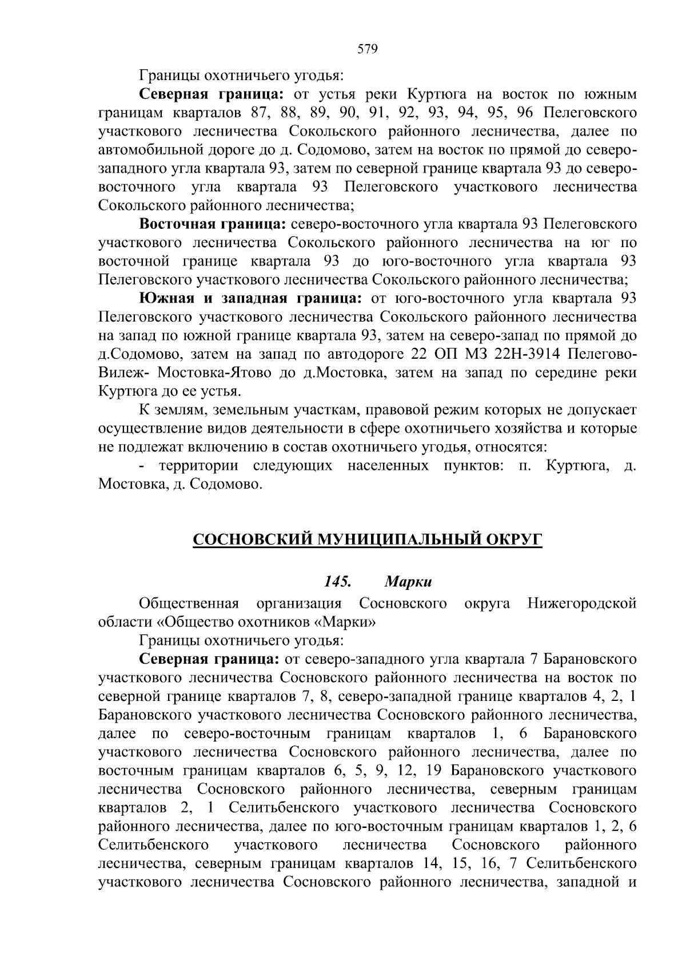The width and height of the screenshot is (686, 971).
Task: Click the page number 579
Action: tap(367, 49)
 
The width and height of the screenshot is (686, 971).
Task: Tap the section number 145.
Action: tap(337, 582)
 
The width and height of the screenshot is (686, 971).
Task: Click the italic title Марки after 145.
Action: tap(408, 582)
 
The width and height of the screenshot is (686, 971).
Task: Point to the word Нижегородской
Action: tap(582, 603)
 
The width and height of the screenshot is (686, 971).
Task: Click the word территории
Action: tap(197, 466)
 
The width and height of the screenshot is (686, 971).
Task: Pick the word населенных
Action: tap(388, 466)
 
